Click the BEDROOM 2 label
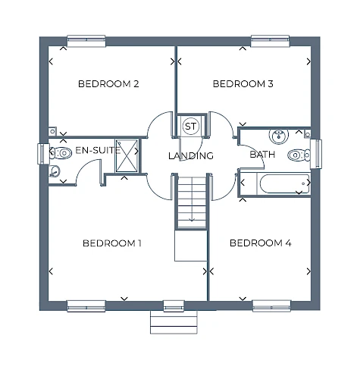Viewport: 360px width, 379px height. coord(108,84)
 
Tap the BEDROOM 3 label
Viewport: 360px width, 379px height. coord(243,84)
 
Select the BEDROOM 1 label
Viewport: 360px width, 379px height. coord(112,243)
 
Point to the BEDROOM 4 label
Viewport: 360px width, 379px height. coord(261,243)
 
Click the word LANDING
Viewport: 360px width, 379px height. coord(191,155)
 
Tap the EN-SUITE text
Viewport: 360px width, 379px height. coord(98,150)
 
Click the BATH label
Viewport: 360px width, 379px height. coord(262,155)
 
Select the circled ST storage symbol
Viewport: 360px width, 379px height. coord(190,126)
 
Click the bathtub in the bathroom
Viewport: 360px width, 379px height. coord(284,183)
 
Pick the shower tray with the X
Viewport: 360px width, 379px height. coord(127,155)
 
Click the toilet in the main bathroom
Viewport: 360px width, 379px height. coord(299,155)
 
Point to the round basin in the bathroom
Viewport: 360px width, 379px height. coord(279,136)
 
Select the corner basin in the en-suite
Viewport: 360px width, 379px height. coord(54,171)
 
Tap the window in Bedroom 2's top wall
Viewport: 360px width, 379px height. coord(86,41)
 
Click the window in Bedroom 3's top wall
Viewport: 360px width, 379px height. coord(270,41)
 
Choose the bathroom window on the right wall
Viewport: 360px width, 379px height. coord(316,154)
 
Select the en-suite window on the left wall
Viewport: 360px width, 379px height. coord(43,154)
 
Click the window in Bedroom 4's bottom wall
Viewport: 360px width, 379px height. coord(272,305)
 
